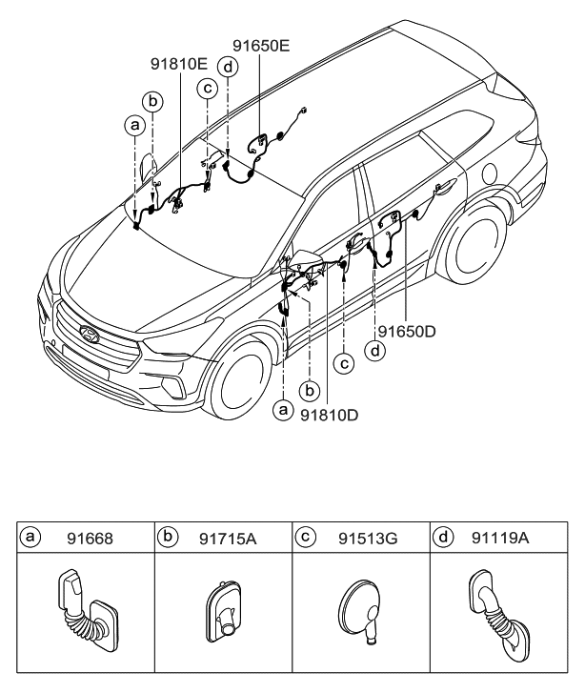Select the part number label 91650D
tap(407, 331)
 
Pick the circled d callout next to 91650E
tap(228, 67)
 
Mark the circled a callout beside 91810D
tap(282, 410)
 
